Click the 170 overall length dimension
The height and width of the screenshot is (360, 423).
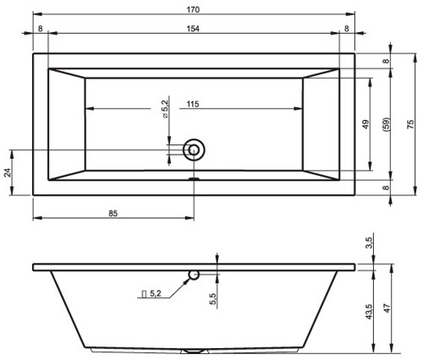pyautogui.click(x=193, y=10)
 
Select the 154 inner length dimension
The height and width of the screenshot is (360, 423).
pyautogui.click(x=193, y=29)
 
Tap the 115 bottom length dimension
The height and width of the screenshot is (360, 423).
pyautogui.click(x=193, y=104)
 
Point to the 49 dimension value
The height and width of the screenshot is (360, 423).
pyautogui.click(x=365, y=124)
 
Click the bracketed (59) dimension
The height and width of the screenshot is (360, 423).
pyautogui.click(x=386, y=124)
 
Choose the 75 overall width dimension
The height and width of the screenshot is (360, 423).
pyautogui.click(x=410, y=124)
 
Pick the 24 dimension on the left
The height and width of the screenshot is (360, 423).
pyautogui.click(x=8, y=172)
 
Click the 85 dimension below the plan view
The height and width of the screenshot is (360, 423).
pyautogui.click(x=113, y=214)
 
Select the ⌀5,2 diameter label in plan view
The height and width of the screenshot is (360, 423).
pyautogui.click(x=165, y=109)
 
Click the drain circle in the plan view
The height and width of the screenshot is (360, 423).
pyautogui.click(x=194, y=150)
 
